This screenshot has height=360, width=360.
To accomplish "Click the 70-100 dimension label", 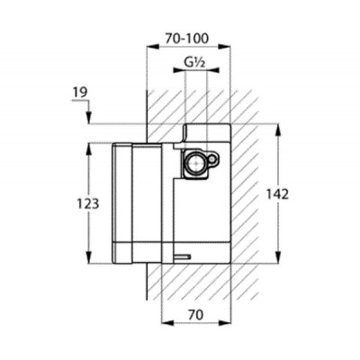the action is coord(186,39).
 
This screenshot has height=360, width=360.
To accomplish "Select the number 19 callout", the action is coord(79,93).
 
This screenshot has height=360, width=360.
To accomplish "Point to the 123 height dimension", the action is coord(88,204).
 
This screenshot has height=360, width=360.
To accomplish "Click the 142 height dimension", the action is coord(277,194).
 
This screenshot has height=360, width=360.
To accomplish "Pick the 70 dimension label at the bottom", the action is coord(196,315).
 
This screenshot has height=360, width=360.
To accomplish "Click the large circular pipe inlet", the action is coord(194,162).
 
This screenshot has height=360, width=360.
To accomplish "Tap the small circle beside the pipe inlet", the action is coord(212,159).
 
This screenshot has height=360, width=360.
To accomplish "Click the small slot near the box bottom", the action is coord(182,256).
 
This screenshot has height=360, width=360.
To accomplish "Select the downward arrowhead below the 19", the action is coord(89,117).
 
